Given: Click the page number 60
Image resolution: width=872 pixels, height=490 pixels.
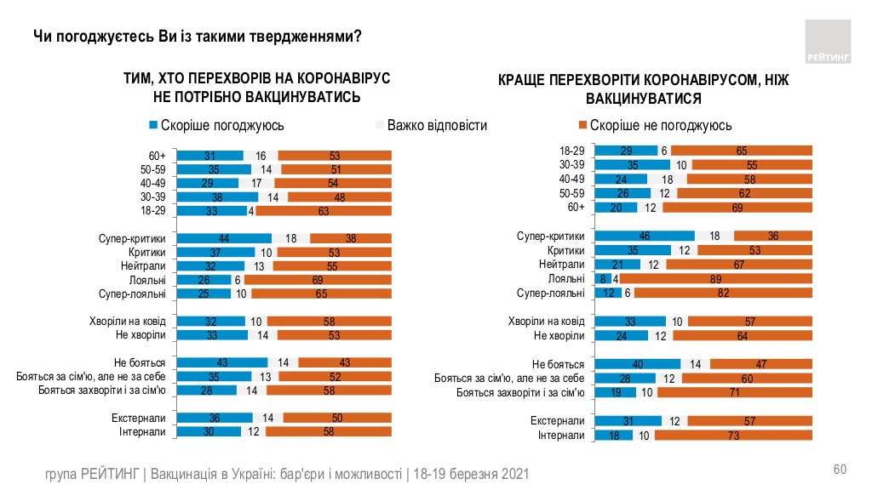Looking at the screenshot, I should click(x=839, y=470).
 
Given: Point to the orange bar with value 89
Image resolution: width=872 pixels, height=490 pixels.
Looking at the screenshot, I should click(x=710, y=278).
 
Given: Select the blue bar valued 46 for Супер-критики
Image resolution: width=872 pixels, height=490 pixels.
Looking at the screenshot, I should click(x=645, y=236).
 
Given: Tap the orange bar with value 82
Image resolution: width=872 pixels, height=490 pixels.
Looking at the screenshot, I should click(x=722, y=293).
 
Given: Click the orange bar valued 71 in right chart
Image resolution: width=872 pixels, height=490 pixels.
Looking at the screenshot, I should click(x=735, y=392).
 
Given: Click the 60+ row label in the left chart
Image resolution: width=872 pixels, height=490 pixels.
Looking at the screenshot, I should click(x=157, y=156).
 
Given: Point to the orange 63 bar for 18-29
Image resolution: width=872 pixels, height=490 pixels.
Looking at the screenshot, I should click(x=335, y=211).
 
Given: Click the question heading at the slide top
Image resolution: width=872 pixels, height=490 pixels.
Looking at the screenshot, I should click(x=196, y=37).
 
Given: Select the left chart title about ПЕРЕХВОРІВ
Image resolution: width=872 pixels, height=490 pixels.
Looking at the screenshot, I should click(x=256, y=87).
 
